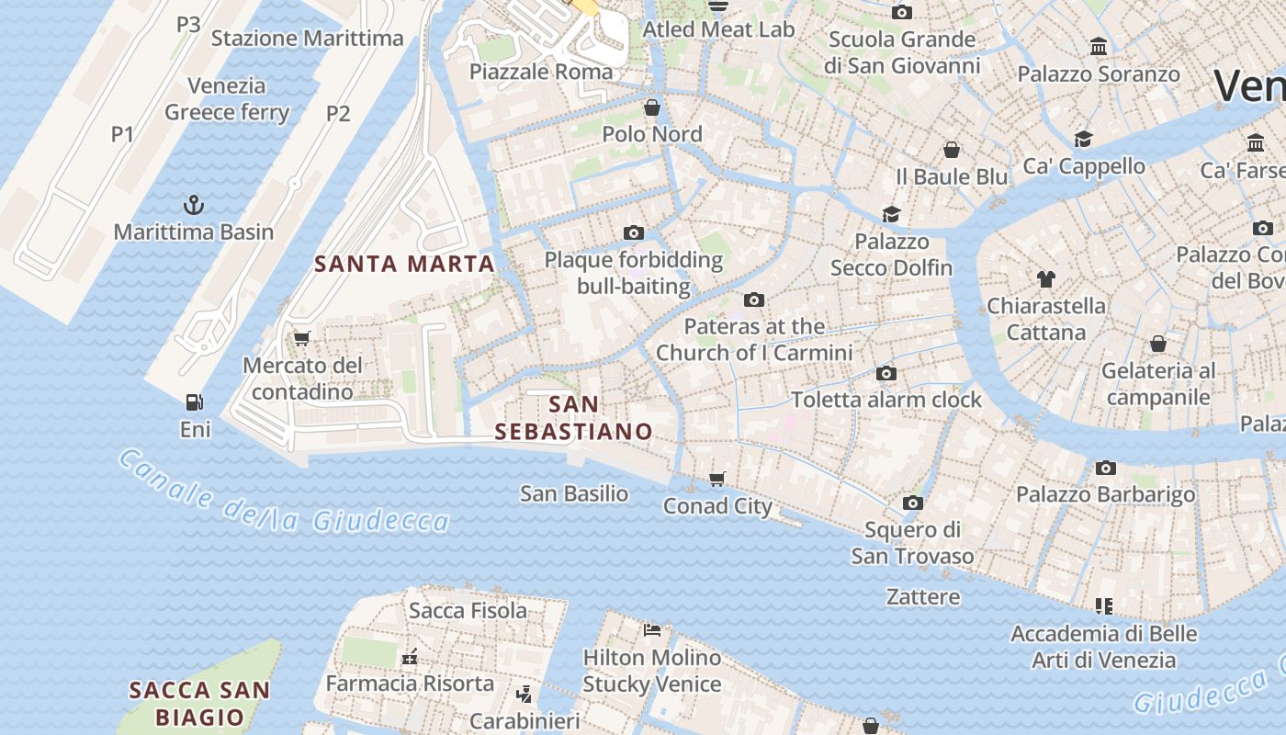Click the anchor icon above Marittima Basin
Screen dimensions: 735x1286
194,204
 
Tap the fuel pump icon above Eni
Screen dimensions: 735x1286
195,401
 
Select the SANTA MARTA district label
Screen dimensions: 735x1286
405,264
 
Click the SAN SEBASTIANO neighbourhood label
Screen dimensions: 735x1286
574,417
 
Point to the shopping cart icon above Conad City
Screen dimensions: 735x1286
717,478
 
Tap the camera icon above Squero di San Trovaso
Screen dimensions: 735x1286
912,503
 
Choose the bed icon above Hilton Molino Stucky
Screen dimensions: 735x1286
652,629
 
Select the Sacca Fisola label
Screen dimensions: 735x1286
468,610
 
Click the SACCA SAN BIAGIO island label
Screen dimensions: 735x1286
199,703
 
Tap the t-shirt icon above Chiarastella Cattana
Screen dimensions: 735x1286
1045,278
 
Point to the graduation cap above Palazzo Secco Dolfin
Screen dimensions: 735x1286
891,214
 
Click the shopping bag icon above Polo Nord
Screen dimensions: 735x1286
652,107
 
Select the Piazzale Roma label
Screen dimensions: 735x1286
541,72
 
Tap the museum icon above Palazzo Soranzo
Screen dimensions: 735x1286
1098,46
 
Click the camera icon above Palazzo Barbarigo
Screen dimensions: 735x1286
1106,468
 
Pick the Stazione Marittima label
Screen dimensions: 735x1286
307,38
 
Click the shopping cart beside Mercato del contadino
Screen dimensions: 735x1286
301,338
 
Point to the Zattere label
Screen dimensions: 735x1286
923,596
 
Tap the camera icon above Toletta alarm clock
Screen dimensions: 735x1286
886,373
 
